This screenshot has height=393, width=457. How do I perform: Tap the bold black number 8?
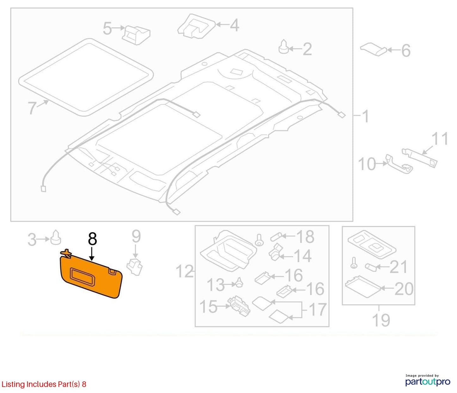coord(92,239)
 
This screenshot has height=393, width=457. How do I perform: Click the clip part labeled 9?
coord(135,267)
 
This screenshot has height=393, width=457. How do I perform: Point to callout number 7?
coord(32,108)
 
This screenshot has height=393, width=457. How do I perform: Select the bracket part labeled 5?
coord(136,35)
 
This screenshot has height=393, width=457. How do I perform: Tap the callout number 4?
coord(234,25)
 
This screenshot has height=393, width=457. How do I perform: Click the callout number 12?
coord(185,271)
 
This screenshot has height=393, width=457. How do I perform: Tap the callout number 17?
coord(318,309)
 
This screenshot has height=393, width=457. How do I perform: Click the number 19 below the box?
coord(381,320)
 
